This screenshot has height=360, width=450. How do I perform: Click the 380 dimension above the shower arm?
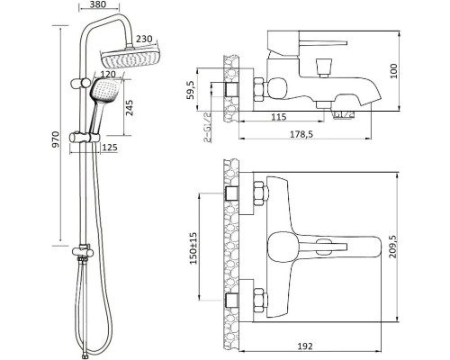97,4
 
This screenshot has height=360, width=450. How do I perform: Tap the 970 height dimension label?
56,139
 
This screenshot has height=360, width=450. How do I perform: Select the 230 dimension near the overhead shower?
144,40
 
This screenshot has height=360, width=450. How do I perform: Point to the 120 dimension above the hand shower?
108,74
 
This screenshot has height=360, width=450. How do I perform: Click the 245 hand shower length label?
130,108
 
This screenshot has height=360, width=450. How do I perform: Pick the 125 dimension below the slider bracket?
110,148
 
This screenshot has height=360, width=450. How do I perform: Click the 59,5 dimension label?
191,90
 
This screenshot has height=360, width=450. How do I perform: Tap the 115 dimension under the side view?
279,117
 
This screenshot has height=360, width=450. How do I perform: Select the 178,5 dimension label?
301,134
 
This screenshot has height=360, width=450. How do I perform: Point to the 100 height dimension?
393,71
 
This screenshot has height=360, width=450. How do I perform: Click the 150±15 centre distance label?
193,248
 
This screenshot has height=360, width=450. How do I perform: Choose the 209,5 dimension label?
392,247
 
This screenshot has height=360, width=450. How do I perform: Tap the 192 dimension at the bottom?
305,346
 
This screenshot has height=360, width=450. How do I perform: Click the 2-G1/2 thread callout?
207,127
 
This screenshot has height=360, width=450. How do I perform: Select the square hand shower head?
104,90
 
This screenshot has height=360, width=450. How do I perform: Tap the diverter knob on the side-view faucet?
324,67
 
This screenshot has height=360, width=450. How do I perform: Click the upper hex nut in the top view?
260,193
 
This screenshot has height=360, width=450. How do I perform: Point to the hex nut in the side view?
259,89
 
